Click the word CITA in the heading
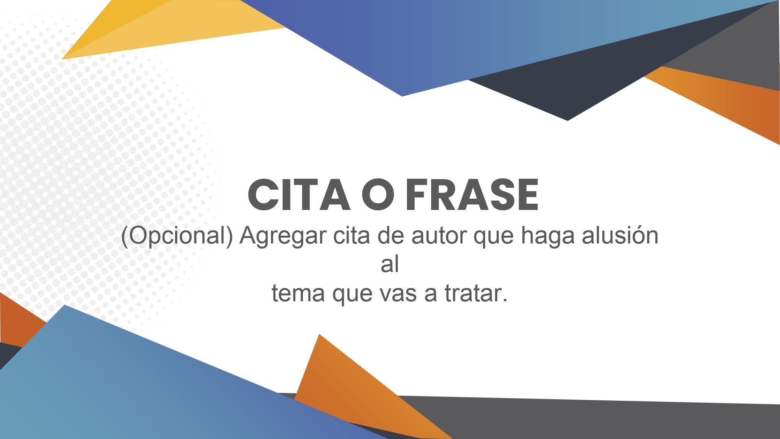pos(299,195)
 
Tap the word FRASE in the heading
pos(472,195)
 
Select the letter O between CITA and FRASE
pos(377,195)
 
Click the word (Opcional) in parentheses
pos(177,236)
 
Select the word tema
pos(298,293)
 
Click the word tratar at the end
pos(476,293)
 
